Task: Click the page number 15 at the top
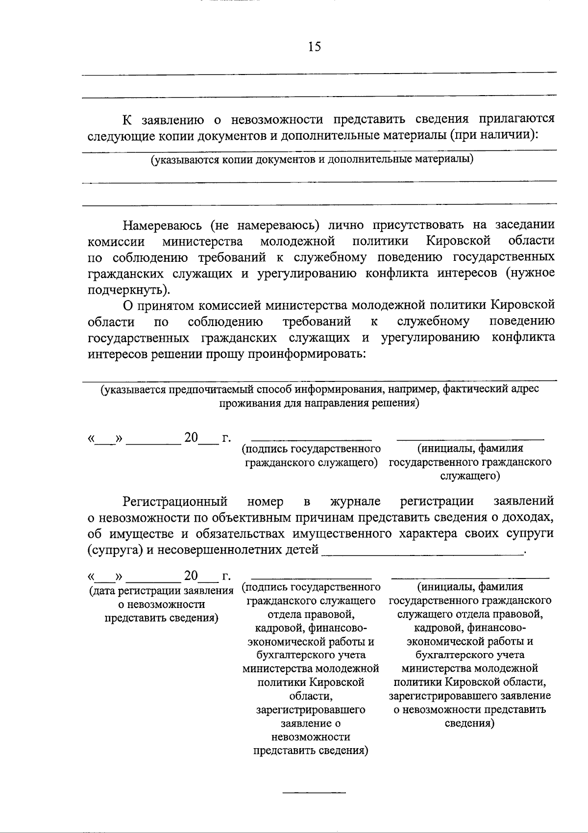click(x=314, y=47)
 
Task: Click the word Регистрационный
click(x=175, y=501)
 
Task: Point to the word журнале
click(x=355, y=501)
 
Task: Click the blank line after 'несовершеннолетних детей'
click(x=422, y=553)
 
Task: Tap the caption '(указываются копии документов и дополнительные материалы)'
click(x=312, y=159)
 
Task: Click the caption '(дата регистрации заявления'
click(x=161, y=591)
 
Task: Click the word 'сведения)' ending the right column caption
click(x=469, y=724)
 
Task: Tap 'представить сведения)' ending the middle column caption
click(x=311, y=751)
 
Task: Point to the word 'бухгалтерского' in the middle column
click(x=311, y=655)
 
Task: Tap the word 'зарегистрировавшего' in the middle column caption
click(x=311, y=709)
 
